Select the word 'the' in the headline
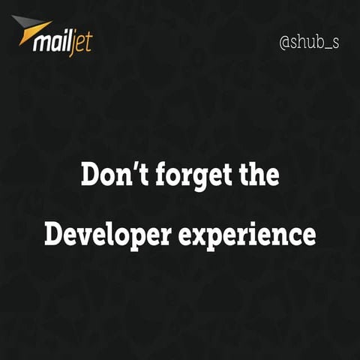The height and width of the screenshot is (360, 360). (x=259, y=175)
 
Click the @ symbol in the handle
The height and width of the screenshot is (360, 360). (x=285, y=42)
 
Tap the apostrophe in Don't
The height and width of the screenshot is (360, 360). (x=123, y=167)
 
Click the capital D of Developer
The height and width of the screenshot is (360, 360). (x=53, y=234)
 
